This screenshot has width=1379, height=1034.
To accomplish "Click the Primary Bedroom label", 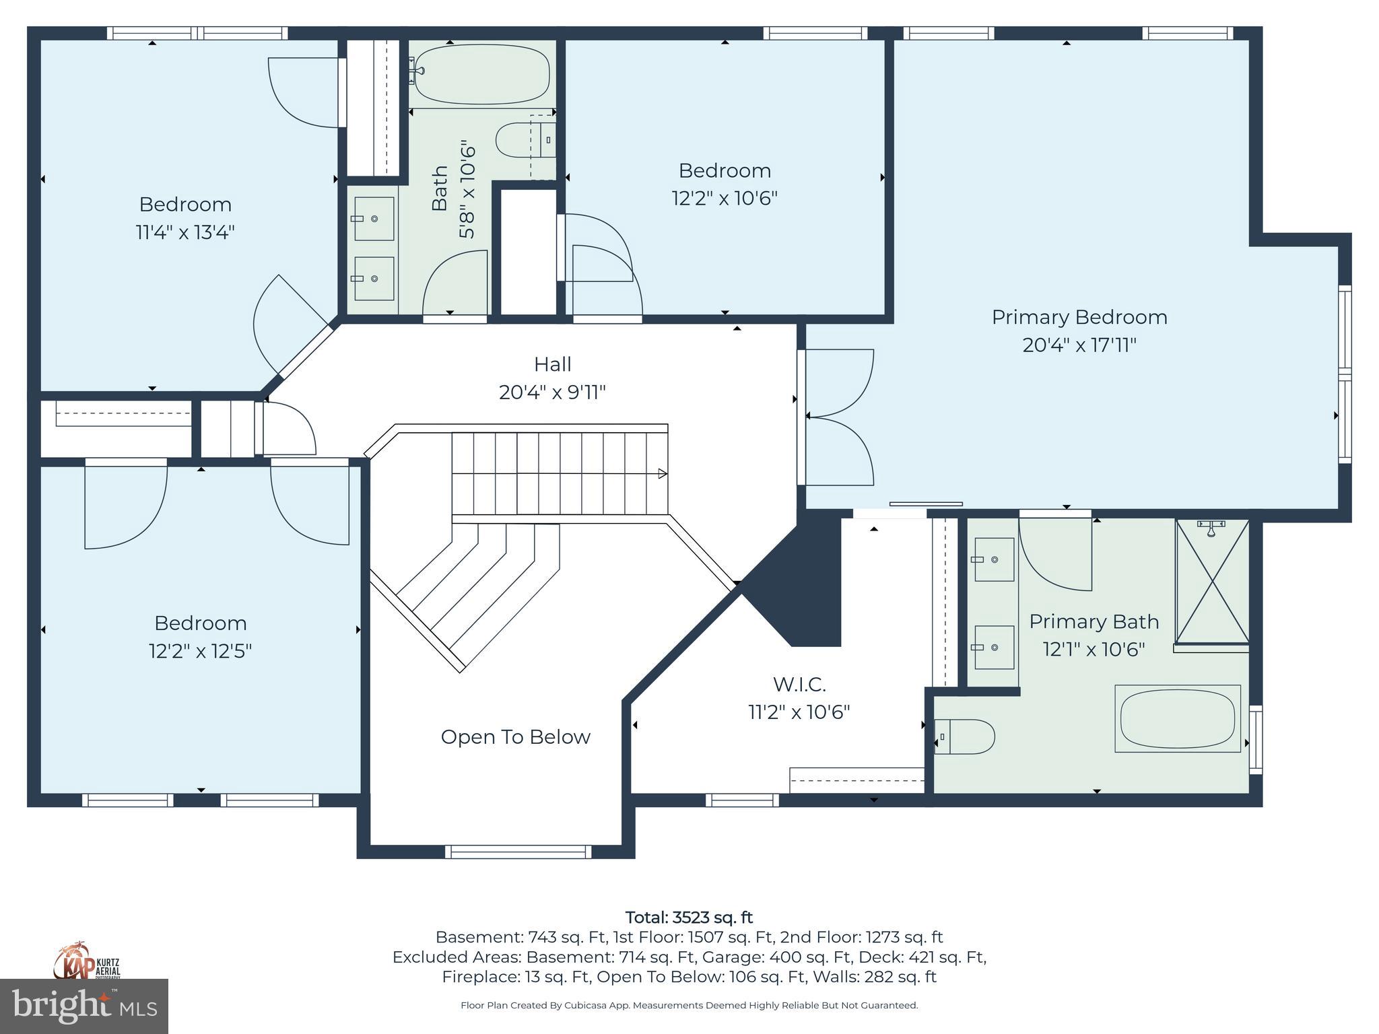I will pyautogui.click(x=1079, y=317).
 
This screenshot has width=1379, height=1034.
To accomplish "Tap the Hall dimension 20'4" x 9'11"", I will pyautogui.click(x=552, y=392).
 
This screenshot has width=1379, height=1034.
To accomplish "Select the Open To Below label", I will pyautogui.click(x=515, y=737).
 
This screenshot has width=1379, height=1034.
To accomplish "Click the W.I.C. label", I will pyautogui.click(x=799, y=685).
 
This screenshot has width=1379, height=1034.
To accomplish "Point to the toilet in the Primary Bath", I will pyautogui.click(x=966, y=736).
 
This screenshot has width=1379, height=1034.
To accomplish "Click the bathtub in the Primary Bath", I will pyautogui.click(x=1177, y=718).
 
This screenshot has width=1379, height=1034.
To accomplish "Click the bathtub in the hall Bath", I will pyautogui.click(x=481, y=73).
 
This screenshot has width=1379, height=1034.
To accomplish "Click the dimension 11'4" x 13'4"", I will pyautogui.click(x=185, y=233).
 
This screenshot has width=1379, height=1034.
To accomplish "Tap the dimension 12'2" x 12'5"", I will pyautogui.click(x=200, y=652).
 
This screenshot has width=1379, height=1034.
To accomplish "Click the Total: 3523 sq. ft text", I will pyautogui.click(x=689, y=918).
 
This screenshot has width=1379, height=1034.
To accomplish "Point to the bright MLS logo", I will pyautogui.click(x=84, y=1006).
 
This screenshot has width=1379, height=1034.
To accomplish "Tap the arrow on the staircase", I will pyautogui.click(x=662, y=474).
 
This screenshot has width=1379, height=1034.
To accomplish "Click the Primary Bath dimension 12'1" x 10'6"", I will pyautogui.click(x=1094, y=650).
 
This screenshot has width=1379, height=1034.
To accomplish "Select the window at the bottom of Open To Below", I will pyautogui.click(x=518, y=852).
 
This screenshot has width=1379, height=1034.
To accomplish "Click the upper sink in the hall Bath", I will pyautogui.click(x=374, y=219).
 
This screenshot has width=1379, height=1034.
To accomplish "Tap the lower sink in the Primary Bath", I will pyautogui.click(x=995, y=647).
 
